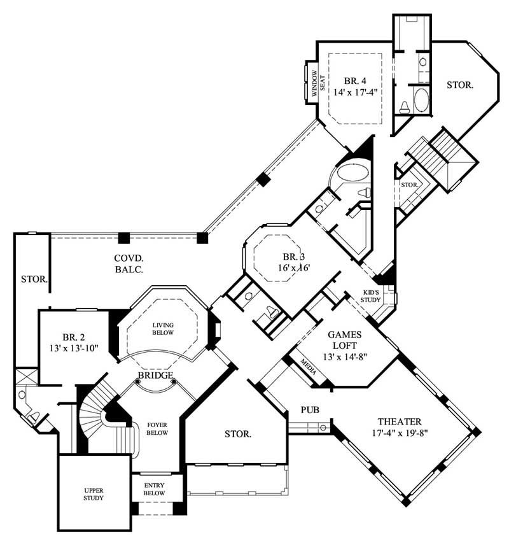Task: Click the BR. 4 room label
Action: (x=355, y=81)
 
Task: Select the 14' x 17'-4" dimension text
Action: (x=355, y=92)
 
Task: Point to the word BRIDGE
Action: (x=155, y=376)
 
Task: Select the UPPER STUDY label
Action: (x=94, y=494)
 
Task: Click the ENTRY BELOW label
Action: (x=154, y=489)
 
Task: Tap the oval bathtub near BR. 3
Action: (x=352, y=173)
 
